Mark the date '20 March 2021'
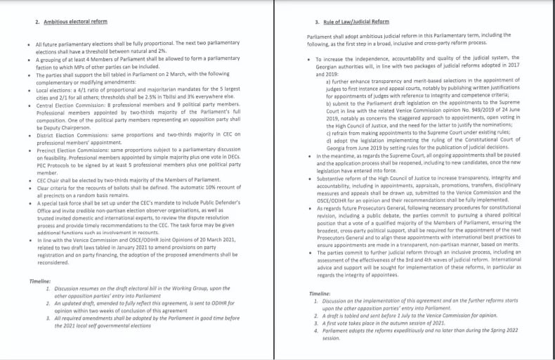click(214, 240)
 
